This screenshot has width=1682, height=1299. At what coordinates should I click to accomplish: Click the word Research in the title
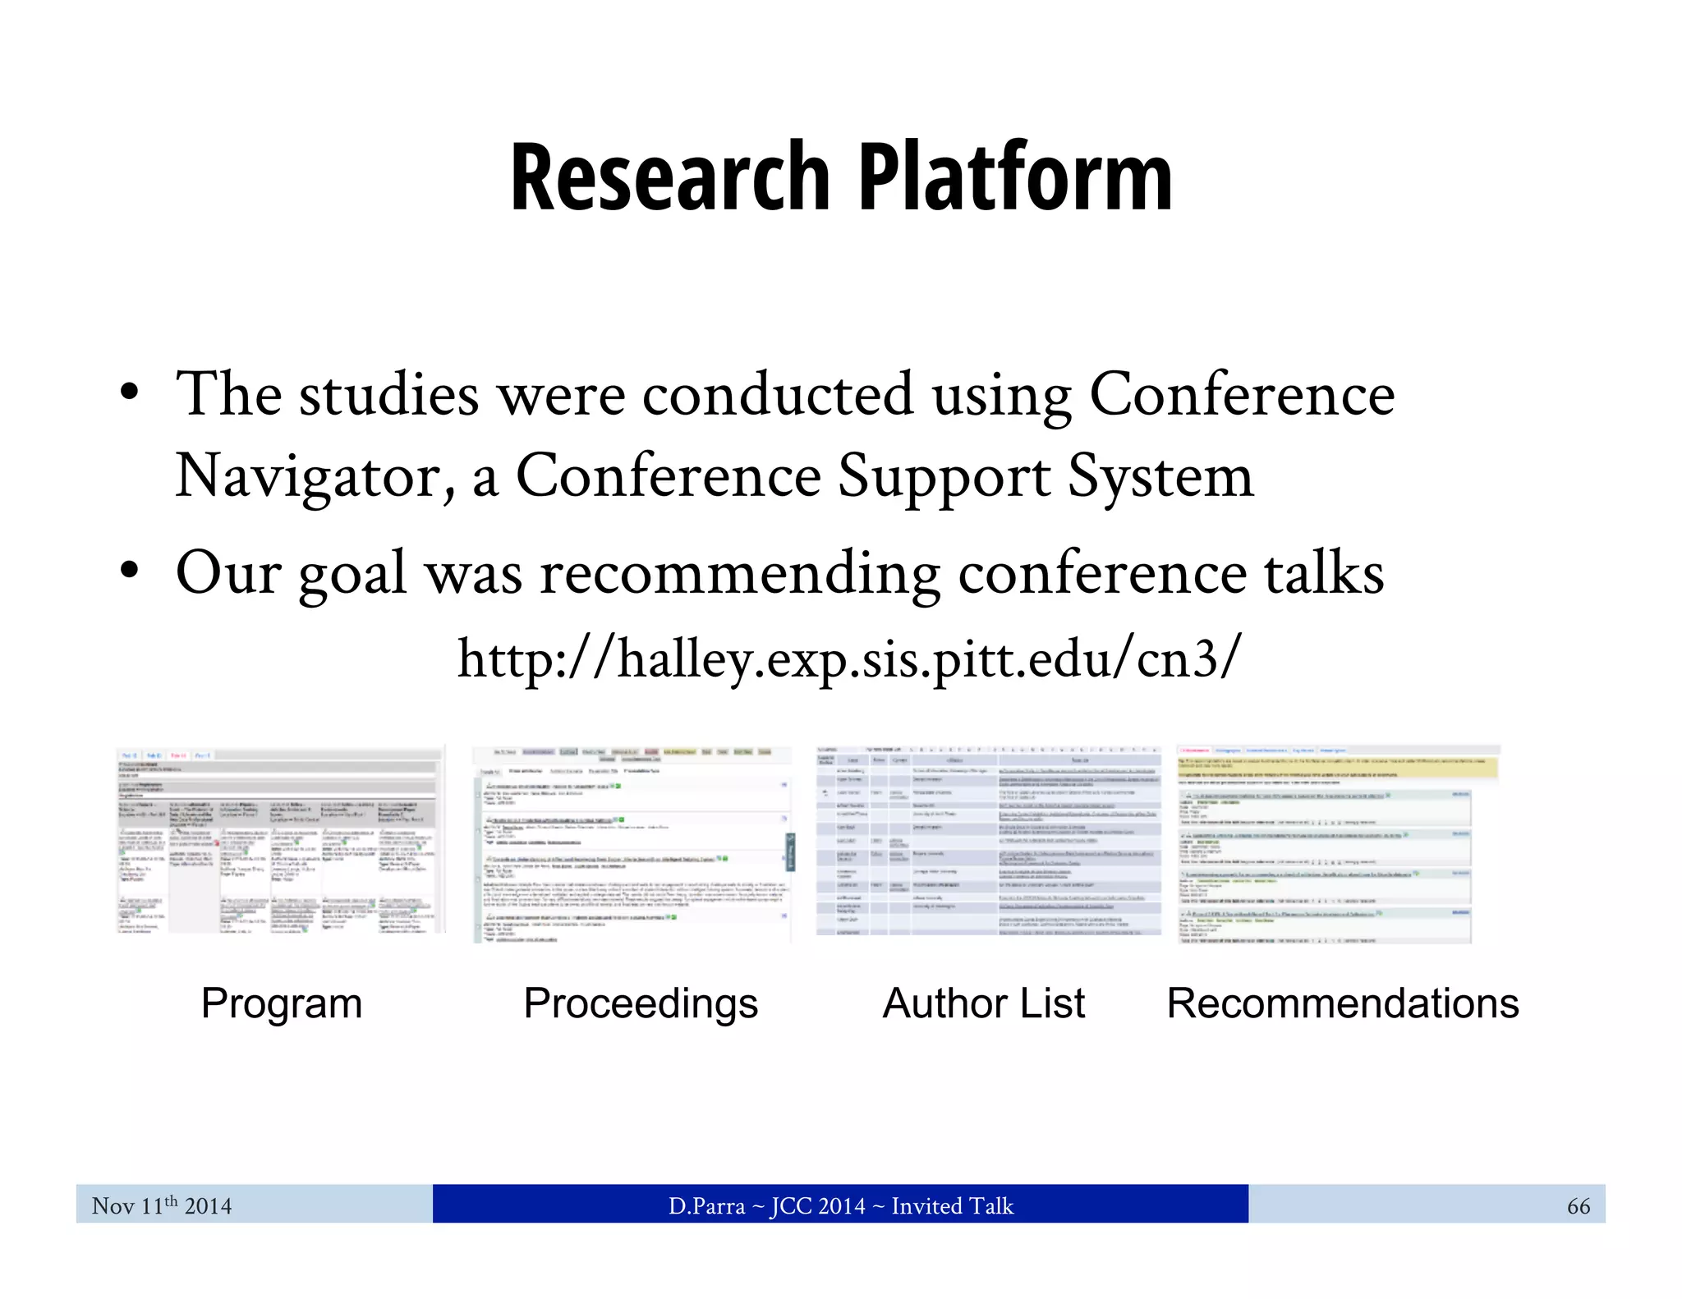pyautogui.click(x=669, y=177)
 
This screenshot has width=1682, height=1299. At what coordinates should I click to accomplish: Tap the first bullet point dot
pyautogui.click(x=128, y=393)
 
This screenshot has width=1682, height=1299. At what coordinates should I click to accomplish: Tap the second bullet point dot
pyautogui.click(x=128, y=571)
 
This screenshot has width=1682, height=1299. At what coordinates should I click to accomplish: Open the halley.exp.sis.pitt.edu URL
pyautogui.click(x=849, y=659)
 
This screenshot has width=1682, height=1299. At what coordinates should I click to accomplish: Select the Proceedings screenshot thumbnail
pyautogui.click(x=632, y=844)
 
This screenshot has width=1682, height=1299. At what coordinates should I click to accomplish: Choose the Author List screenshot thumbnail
pyautogui.click(x=989, y=841)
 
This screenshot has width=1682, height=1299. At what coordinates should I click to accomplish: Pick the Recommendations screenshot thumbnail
pyautogui.click(x=1339, y=844)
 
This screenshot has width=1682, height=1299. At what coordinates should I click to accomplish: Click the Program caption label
pyautogui.click(x=282, y=1003)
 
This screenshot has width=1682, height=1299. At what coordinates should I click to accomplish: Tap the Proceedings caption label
pyautogui.click(x=641, y=1003)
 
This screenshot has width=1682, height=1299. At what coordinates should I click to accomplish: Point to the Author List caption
pyautogui.click(x=984, y=1003)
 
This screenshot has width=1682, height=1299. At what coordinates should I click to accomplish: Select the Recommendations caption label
pyautogui.click(x=1343, y=1003)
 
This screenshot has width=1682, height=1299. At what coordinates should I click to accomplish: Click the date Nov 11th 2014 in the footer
pyautogui.click(x=162, y=1205)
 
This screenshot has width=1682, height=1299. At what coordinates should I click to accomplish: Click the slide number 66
pyautogui.click(x=1578, y=1206)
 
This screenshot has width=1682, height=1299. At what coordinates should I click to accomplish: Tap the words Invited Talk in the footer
pyautogui.click(x=953, y=1205)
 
